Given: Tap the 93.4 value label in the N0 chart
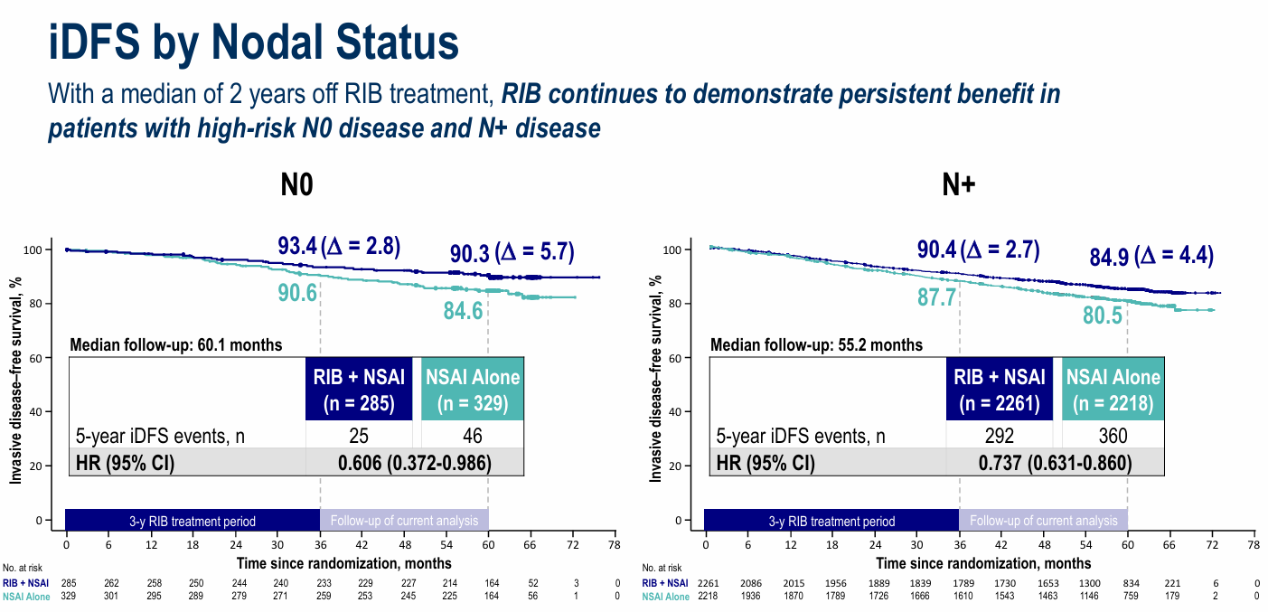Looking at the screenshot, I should pos(297,245).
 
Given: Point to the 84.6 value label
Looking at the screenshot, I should pos(463,312).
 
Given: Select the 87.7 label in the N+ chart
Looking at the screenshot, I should pos(937,297).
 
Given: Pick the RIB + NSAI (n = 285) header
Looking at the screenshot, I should pos(359,389).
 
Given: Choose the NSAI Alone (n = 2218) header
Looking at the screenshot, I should pos(1113,389).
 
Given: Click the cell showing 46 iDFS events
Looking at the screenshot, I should pos(472,437).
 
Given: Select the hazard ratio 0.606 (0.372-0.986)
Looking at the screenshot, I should pos(414,464).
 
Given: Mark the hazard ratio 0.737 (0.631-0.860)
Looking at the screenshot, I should pos(1054,464).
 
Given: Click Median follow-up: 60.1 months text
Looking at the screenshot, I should pos(176,344).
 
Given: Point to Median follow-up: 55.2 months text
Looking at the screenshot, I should pos(816,344).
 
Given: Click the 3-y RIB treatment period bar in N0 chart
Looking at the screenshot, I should pos(193,521).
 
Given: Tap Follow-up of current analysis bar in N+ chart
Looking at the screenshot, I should pos(1042,521).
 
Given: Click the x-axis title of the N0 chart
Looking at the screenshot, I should pos(341,563).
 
